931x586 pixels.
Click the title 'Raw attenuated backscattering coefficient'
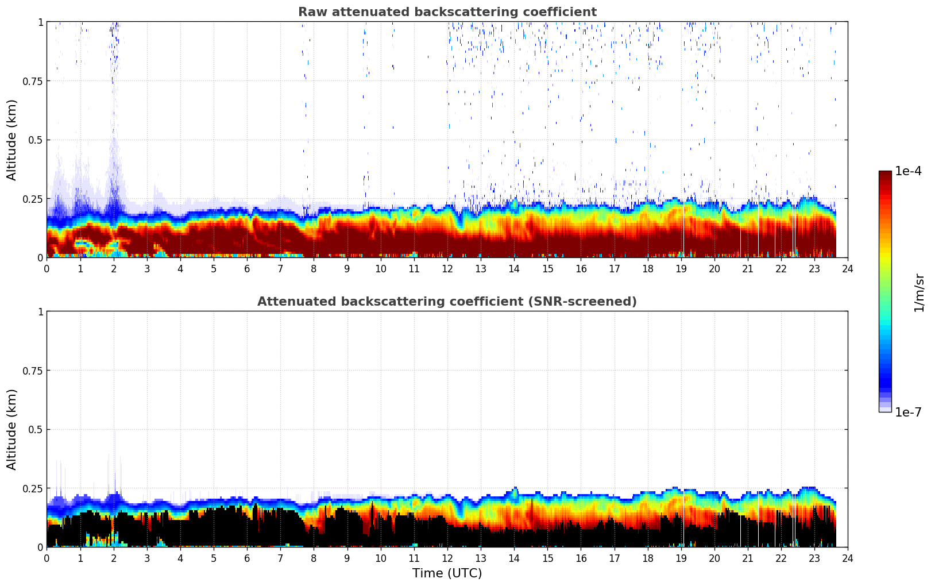click(x=447, y=12)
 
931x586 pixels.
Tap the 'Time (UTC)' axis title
click(x=447, y=573)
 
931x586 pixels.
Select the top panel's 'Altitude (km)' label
click(x=12, y=140)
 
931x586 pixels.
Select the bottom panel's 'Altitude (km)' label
click(x=12, y=429)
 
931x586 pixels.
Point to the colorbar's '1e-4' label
click(x=908, y=171)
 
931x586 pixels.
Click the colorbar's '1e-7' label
click(x=908, y=412)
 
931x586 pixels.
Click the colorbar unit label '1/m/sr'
click(x=919, y=293)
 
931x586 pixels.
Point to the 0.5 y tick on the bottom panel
click(x=36, y=430)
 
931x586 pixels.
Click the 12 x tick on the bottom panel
click(x=447, y=558)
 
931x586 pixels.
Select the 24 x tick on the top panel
click(x=848, y=269)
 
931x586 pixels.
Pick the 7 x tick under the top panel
click(x=280, y=269)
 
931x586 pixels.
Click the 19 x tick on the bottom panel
click(x=681, y=558)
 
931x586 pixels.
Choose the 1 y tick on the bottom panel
click(x=40, y=312)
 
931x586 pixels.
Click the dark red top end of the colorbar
click(x=884, y=174)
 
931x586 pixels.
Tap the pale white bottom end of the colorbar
click(x=884, y=410)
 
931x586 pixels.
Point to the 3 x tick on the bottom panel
click(x=147, y=558)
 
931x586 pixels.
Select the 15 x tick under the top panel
click(x=547, y=269)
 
